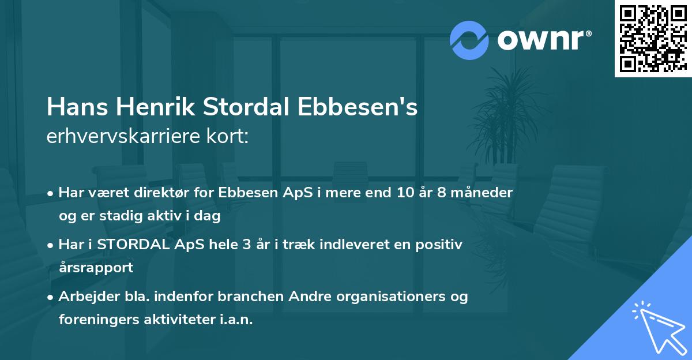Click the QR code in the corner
click(652, 38)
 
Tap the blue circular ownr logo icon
click(469, 40)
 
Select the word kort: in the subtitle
click(229, 136)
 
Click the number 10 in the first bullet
click(401, 193)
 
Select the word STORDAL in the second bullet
click(130, 245)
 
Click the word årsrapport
click(96, 267)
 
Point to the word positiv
click(441, 245)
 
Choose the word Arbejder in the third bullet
click(84, 297)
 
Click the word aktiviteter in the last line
click(176, 319)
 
